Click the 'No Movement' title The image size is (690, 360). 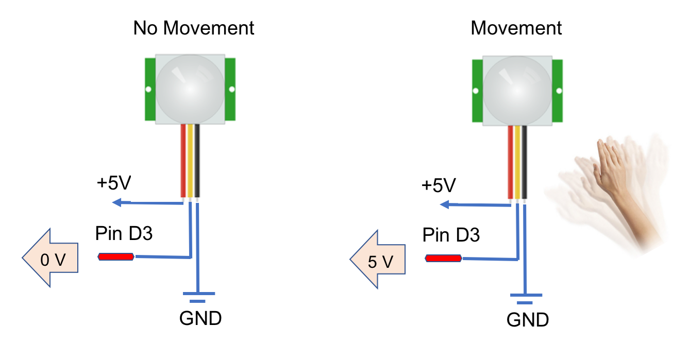click(x=194, y=28)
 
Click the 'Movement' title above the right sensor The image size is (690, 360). click(x=516, y=28)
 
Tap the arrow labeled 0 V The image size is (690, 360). click(x=49, y=258)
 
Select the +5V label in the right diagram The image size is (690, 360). click(x=439, y=185)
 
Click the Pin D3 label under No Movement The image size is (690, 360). click(x=124, y=234)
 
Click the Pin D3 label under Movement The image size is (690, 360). click(x=451, y=235)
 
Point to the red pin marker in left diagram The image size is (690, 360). click(x=116, y=256)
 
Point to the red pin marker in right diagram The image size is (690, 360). click(x=443, y=258)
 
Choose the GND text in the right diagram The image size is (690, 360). click(x=528, y=320)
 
